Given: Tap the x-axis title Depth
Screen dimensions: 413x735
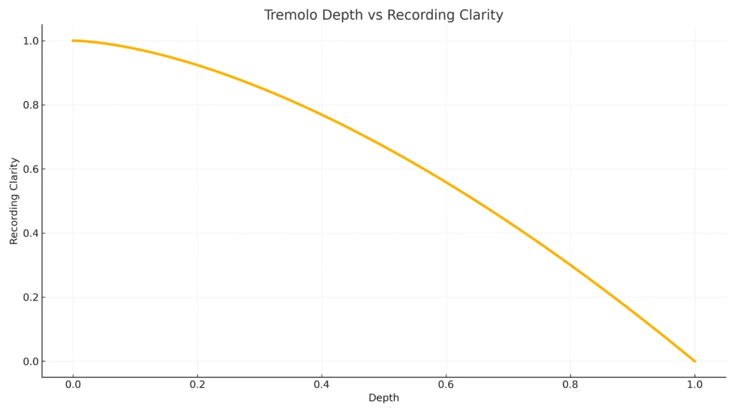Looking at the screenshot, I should (x=383, y=398).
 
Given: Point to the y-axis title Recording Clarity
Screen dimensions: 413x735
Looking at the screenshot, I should (x=14, y=201).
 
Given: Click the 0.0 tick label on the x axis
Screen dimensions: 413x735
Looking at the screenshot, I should (x=72, y=385).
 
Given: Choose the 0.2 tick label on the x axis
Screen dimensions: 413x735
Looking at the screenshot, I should (x=197, y=385).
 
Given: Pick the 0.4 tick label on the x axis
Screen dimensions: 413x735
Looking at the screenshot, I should (x=322, y=385).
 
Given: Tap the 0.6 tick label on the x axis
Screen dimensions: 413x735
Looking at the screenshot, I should (x=446, y=385).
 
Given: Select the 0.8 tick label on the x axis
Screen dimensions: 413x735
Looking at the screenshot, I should (x=570, y=385).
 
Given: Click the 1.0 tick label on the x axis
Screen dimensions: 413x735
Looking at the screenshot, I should (x=694, y=385).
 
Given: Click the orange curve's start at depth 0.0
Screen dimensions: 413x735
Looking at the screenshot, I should (x=72, y=41).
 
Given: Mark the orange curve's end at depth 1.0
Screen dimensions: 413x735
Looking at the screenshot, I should (x=694, y=361).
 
